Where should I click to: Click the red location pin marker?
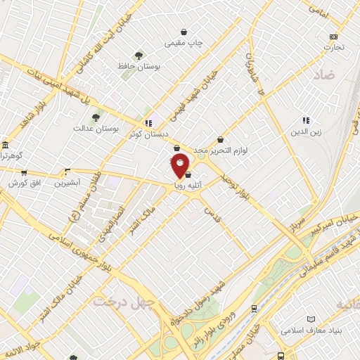pyautogui.click(x=181, y=165)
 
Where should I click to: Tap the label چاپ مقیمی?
pyautogui.click(x=184, y=43)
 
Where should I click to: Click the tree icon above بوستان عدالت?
pyautogui.click(x=96, y=117)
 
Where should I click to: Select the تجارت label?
pyautogui.click(x=333, y=48)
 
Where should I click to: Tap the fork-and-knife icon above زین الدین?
pyautogui.click(x=306, y=120)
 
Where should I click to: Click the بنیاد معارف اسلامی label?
pyautogui.click(x=311, y=329)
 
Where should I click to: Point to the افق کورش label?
pyautogui.click(x=22, y=183)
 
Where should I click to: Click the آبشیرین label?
pyautogui.click(x=68, y=181)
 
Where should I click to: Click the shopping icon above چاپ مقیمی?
pyautogui.click(x=184, y=32)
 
